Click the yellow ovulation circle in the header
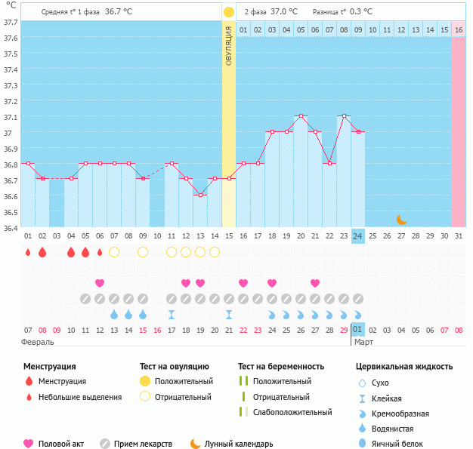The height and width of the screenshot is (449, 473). coord(229,12)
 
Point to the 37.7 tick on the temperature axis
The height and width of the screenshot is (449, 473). coord(11,23)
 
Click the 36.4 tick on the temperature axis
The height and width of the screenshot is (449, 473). coord(11,227)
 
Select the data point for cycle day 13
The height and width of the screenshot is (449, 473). coord(200,195)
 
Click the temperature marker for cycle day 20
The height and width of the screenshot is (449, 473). coord(301,116)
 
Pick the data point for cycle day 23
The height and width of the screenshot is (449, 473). coord(344,116)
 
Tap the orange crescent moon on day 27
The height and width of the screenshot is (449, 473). coord(402,220)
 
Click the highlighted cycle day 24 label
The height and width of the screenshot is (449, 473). coord(358,236)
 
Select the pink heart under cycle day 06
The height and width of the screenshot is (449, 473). coord(100,283)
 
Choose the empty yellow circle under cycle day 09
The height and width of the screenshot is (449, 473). coord(143,252)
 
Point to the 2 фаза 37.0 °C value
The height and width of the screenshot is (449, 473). coord(271,12)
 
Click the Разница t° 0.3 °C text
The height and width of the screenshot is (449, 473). coord(342,12)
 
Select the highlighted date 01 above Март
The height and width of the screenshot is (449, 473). coord(358,330)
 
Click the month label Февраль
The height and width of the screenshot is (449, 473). coord(38,343)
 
